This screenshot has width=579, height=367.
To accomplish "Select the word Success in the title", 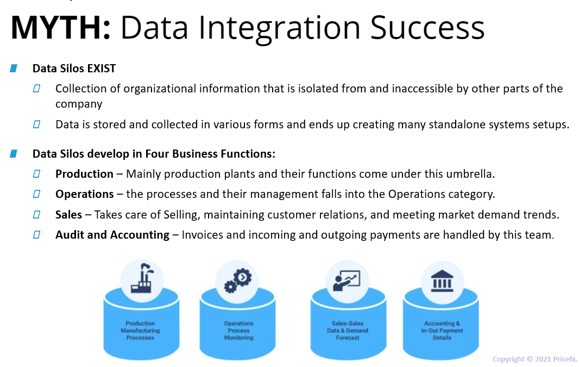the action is [x=427, y=27].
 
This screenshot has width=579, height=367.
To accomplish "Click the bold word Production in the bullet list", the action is [x=84, y=173].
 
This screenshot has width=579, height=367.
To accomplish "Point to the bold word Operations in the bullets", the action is [x=85, y=194].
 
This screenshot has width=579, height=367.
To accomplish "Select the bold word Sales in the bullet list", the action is [x=68, y=214].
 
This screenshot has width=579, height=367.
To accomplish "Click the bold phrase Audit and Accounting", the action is [x=112, y=235].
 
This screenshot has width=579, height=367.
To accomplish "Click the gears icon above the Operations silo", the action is [x=238, y=281].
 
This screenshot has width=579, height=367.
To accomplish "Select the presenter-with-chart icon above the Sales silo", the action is [x=347, y=281].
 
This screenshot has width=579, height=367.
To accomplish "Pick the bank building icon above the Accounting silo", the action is [x=442, y=281].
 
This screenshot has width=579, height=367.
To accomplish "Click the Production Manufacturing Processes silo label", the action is [x=140, y=331].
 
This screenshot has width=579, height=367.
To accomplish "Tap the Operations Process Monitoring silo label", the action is [x=238, y=331].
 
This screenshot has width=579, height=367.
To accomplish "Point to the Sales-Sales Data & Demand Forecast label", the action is [x=348, y=331].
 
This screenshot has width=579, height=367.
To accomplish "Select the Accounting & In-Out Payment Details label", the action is [x=442, y=331].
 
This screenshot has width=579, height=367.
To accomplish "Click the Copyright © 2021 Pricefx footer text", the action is [x=534, y=359].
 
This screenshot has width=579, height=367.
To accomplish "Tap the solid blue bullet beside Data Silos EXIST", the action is [x=14, y=69].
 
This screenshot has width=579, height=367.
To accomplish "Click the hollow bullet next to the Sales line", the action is [x=36, y=214].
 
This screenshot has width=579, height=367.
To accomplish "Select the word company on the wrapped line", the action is [x=79, y=104].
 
